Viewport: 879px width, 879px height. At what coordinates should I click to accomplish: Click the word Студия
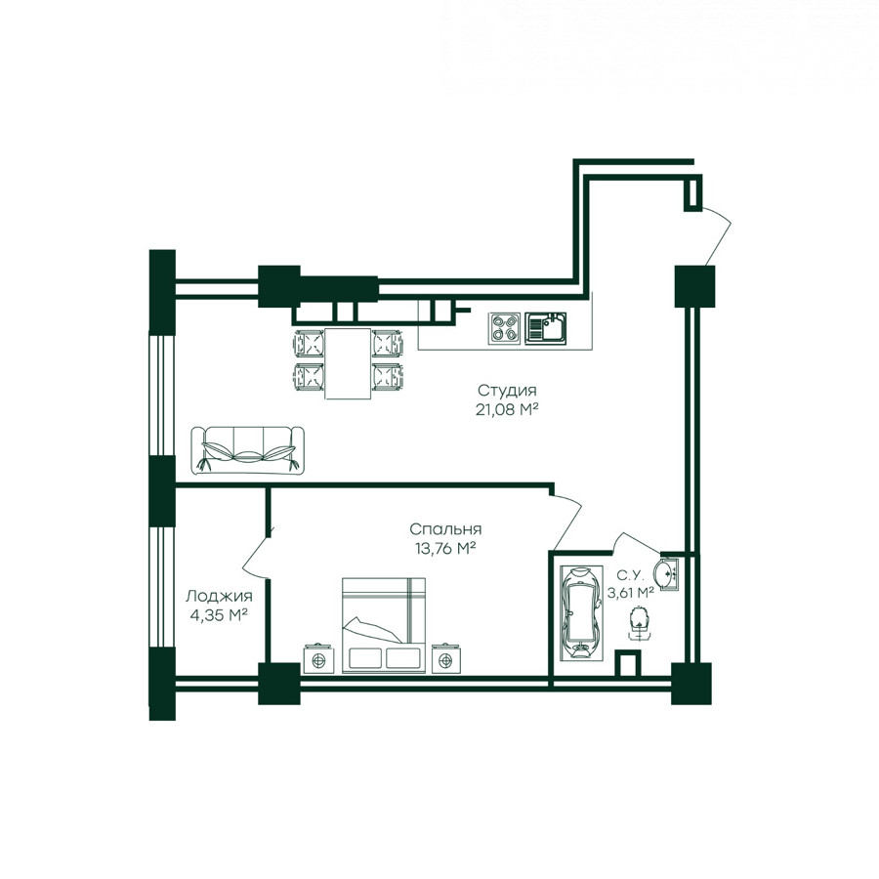(x=507, y=390)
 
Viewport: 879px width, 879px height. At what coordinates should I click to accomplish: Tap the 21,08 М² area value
(x=507, y=410)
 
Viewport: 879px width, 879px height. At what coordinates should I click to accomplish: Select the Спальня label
(x=445, y=529)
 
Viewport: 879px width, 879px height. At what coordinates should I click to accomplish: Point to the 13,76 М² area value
(x=445, y=548)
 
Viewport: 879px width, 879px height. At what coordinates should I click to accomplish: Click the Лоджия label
(x=219, y=596)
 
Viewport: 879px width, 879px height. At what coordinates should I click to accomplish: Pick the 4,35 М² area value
(x=219, y=615)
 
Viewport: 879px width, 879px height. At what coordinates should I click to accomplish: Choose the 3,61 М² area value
(x=631, y=593)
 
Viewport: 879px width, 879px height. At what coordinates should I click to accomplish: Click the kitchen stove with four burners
(x=504, y=328)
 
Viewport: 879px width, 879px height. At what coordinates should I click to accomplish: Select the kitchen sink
(x=545, y=328)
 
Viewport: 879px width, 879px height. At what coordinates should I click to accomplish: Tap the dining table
(x=348, y=363)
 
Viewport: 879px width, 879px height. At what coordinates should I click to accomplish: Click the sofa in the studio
(x=248, y=450)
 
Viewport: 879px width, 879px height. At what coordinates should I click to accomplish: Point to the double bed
(x=384, y=625)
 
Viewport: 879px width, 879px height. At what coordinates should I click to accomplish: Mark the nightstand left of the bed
(x=318, y=659)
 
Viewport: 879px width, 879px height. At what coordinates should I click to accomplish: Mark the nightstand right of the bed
(x=446, y=659)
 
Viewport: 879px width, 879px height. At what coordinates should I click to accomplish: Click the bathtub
(x=580, y=611)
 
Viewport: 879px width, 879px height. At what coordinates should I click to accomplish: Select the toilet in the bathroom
(x=638, y=622)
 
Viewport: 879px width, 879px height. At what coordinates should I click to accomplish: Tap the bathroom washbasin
(x=667, y=573)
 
